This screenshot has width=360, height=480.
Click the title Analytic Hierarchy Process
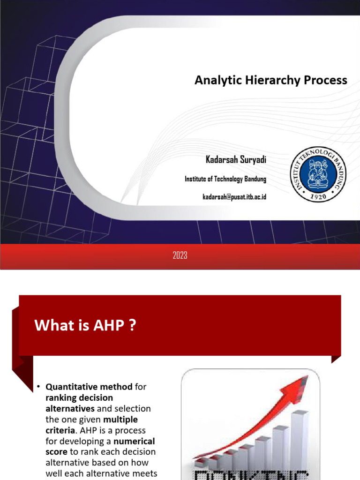pos(270,80)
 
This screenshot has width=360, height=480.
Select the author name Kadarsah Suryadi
pos(236,160)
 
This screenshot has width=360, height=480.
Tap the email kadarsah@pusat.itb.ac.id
pos(234,197)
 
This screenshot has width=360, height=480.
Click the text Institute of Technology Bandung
pos(225,179)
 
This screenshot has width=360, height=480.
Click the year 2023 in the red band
pos(180,255)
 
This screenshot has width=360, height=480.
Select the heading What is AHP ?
pos(85,325)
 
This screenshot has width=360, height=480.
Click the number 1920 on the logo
pos(319,197)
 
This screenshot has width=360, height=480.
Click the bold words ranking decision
pos(79,398)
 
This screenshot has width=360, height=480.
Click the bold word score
pos(56,452)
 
